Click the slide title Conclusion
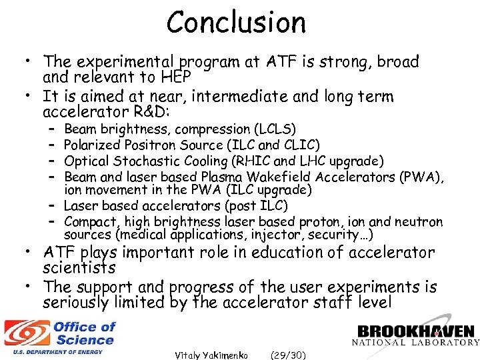tap(236, 22)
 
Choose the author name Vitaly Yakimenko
tap(211, 355)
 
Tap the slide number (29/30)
tap(286, 355)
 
